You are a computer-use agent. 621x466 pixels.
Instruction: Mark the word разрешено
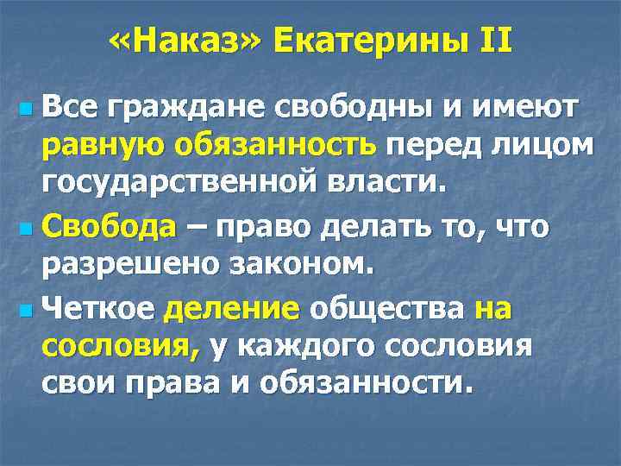pyautogui.click(x=122, y=266)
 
